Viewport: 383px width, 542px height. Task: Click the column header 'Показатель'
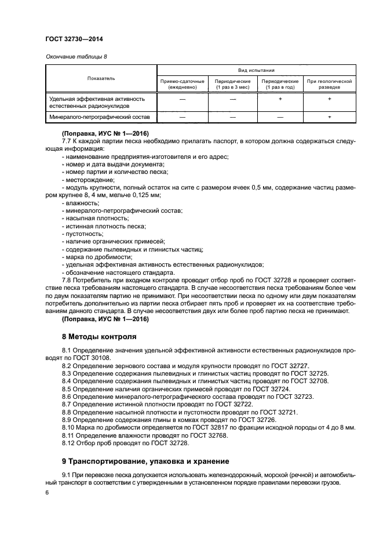(101, 78)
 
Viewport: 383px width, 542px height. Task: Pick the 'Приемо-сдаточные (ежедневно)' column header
(183, 85)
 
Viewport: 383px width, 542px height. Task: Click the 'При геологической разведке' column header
(329, 85)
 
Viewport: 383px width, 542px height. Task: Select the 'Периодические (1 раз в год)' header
(280, 85)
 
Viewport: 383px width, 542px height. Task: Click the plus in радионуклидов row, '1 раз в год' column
(280, 100)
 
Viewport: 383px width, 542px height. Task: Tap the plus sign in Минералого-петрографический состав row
(329, 118)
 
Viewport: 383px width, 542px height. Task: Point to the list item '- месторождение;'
(85, 180)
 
